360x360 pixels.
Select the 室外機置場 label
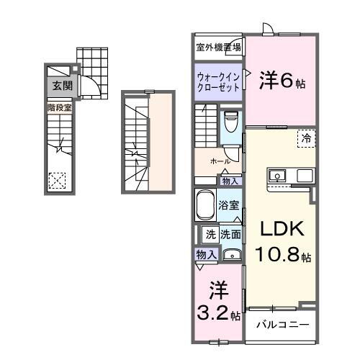coord(219,48)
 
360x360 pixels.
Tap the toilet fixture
coord(231,125)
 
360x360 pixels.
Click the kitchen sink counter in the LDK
coord(291,176)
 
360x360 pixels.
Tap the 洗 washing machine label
coord(211,234)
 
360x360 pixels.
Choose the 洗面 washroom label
coord(231,234)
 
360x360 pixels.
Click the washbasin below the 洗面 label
coord(231,253)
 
